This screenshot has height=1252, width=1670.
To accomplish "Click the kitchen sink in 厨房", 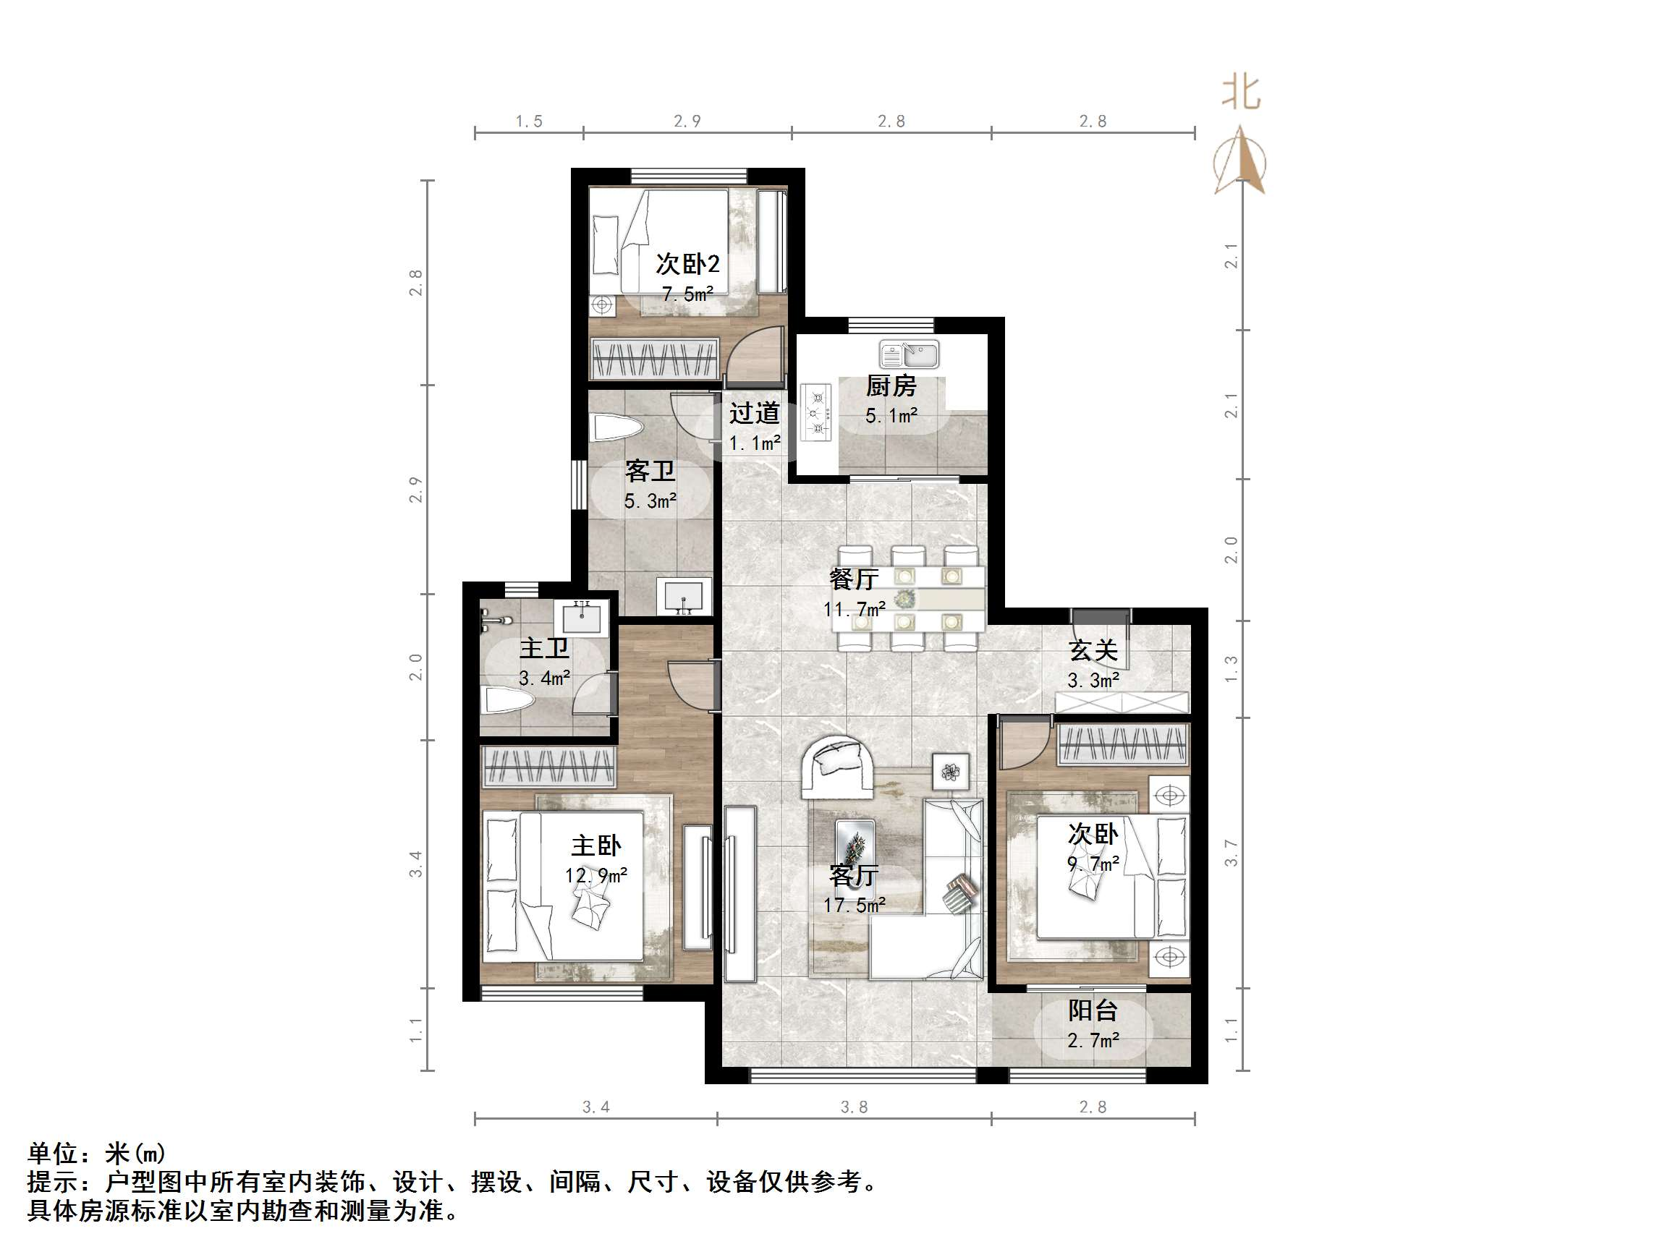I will click(x=909, y=354).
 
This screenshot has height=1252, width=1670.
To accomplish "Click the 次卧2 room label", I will click(x=687, y=264).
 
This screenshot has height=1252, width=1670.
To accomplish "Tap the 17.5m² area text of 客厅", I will click(x=854, y=905).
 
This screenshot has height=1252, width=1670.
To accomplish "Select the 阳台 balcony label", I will click(x=1093, y=1010).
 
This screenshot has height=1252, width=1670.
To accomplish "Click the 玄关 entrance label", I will click(x=1093, y=650).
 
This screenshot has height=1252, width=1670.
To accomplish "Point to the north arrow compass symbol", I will click(x=1239, y=162).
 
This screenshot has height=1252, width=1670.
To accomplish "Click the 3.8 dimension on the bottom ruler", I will click(x=854, y=1107).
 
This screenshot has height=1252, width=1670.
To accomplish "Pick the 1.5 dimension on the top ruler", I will click(x=528, y=122).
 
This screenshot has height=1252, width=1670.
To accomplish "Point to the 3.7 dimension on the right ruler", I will click(x=1231, y=853).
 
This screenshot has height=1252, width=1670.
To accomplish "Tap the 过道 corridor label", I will click(x=754, y=414).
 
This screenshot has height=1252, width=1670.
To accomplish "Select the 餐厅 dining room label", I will click(x=853, y=579).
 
